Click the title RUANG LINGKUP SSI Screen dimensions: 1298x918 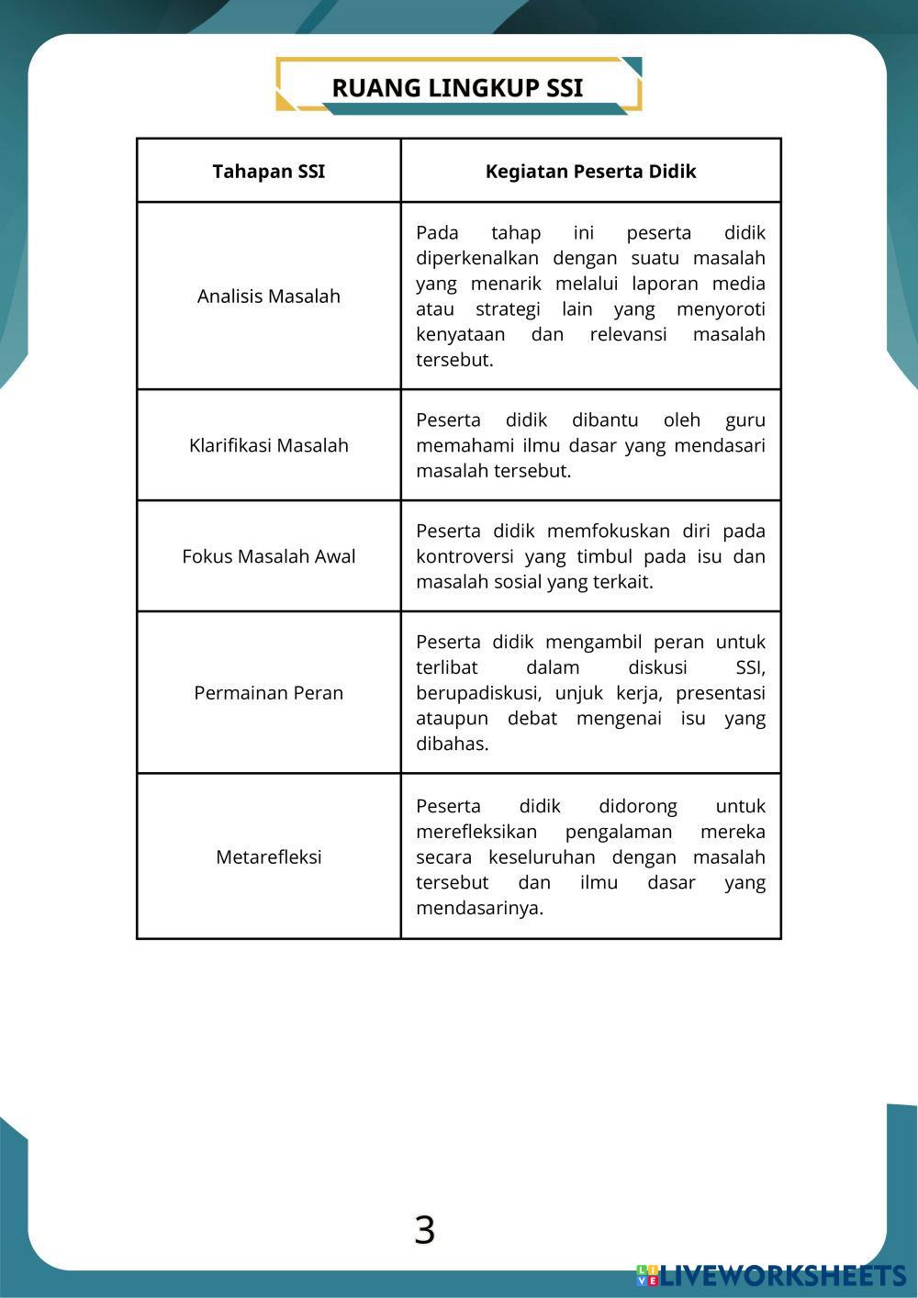point(457,88)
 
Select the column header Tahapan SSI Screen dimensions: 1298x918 point(268,172)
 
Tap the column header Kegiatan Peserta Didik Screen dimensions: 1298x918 point(590,172)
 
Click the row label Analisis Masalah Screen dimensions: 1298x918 point(268,297)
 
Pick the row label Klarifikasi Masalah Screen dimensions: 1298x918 point(268,446)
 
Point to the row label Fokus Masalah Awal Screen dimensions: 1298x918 point(268,556)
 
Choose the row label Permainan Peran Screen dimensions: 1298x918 point(268,693)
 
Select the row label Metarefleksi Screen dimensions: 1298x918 point(268,857)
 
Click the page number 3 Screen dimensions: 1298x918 point(424,1230)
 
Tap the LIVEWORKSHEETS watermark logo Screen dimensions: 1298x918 point(771,1275)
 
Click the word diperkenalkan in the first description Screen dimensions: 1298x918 point(477,259)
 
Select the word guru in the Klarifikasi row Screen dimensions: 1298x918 point(744,420)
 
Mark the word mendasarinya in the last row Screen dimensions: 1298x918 point(479,909)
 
